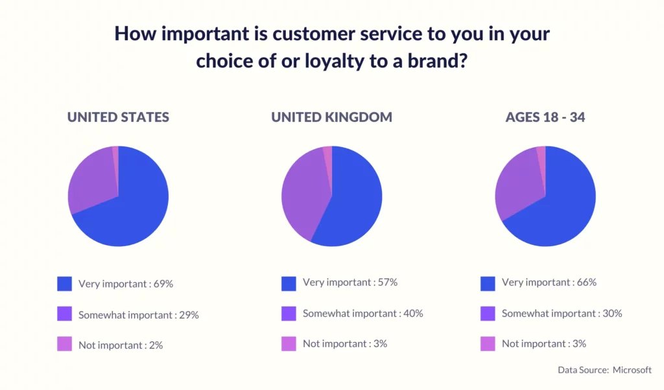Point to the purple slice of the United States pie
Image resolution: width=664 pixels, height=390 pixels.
pyautogui.click(x=91, y=182)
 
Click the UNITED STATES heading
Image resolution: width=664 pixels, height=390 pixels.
pyautogui.click(x=118, y=117)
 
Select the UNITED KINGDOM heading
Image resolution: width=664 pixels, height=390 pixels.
pyautogui.click(x=331, y=117)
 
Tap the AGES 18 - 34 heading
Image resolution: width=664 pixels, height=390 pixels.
pyautogui.click(x=545, y=117)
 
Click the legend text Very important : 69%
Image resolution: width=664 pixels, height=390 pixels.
pyautogui.click(x=126, y=284)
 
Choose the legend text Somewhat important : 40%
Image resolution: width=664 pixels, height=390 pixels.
pyautogui.click(x=363, y=314)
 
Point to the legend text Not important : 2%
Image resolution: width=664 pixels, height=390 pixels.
pyautogui.click(x=121, y=345)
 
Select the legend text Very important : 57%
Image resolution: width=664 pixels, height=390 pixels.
pyautogui.click(x=350, y=282)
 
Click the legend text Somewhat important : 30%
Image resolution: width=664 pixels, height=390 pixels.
pyautogui.click(x=562, y=314)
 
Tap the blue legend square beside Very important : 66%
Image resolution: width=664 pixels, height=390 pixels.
pyautogui.click(x=488, y=284)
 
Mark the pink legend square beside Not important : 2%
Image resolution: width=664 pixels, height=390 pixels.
pyautogui.click(x=64, y=344)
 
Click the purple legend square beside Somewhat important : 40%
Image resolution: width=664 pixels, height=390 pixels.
pyautogui.click(x=289, y=314)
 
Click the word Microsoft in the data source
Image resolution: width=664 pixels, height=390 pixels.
pyautogui.click(x=632, y=370)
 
